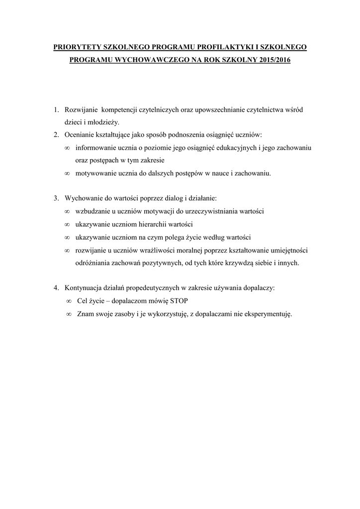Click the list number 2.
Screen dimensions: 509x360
[x=56, y=135]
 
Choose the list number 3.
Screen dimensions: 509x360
[x=56, y=198]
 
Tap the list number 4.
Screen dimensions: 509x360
[x=56, y=288]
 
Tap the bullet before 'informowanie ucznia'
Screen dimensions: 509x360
[x=67, y=148]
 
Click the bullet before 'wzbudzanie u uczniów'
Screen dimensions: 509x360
[x=67, y=211]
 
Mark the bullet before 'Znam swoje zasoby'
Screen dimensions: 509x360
[x=69, y=314]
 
